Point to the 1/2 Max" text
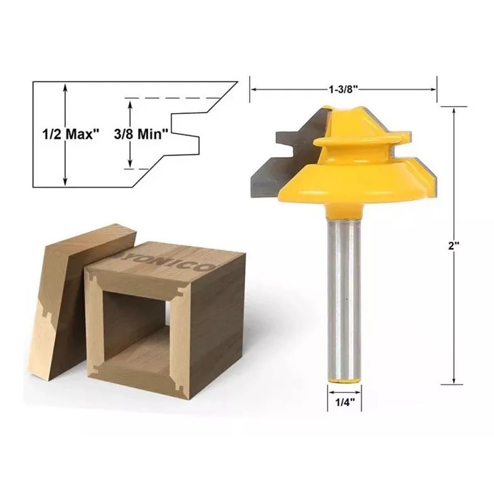click(71, 134)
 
